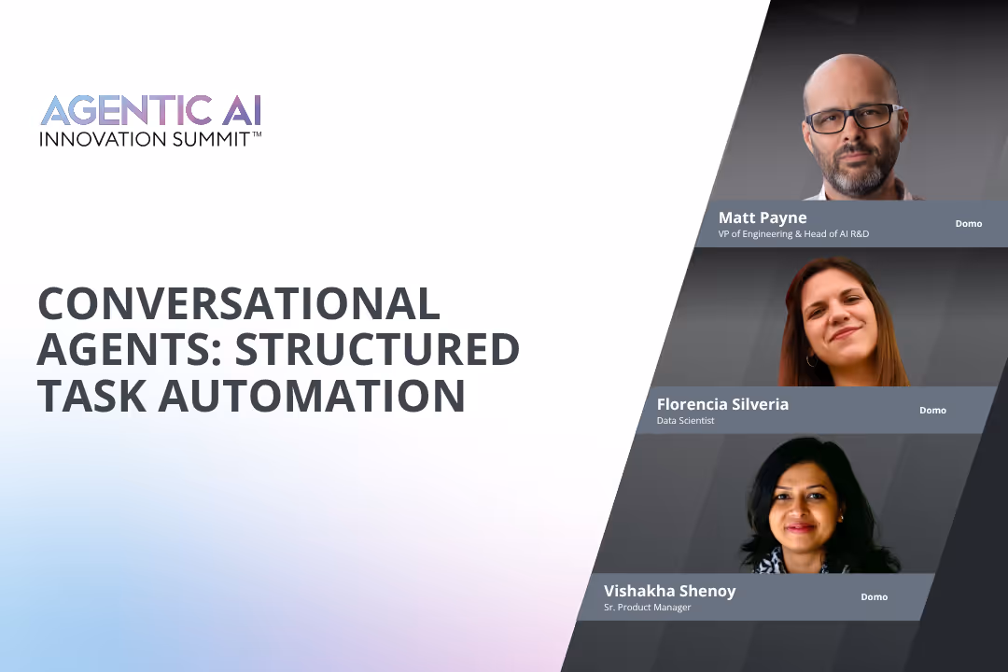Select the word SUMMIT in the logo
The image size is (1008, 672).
coord(207,139)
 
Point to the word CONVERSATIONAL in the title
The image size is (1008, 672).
coord(238,304)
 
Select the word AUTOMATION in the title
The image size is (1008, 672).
coord(312,396)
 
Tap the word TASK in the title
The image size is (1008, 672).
coord(91,396)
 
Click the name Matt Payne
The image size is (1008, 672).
coord(763,218)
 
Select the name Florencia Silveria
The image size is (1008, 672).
coord(722,404)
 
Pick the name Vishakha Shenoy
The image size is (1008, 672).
coord(669,591)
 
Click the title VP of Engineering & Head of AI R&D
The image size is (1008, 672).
coord(793,234)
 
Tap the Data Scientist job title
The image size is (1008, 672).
coord(685,421)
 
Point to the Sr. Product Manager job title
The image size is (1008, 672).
coord(648,608)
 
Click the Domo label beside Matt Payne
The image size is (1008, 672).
coord(969,224)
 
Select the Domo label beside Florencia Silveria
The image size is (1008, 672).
coord(932,411)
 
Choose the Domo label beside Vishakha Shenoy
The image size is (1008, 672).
coord(874,597)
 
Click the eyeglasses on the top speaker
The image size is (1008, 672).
coord(851,119)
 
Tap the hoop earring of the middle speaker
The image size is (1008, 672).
coord(811,359)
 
